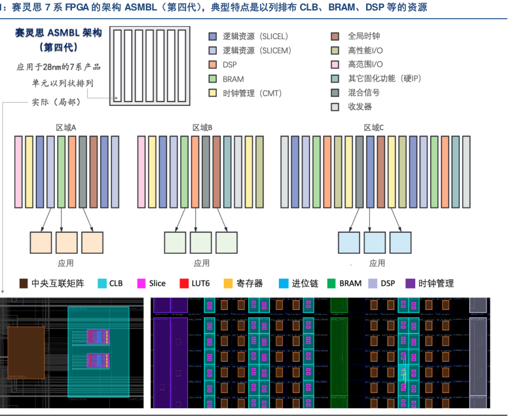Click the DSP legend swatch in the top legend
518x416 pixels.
(212, 65)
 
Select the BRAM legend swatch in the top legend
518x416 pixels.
(212, 79)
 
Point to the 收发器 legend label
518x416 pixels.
(360, 107)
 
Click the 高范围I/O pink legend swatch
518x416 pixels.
(335, 65)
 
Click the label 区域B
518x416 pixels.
(202, 128)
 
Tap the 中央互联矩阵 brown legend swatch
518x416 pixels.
(24, 283)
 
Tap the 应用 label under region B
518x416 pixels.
(202, 263)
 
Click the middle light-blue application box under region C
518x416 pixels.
(375, 243)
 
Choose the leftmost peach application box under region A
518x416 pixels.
(41, 243)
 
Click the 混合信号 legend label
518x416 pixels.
(364, 93)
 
